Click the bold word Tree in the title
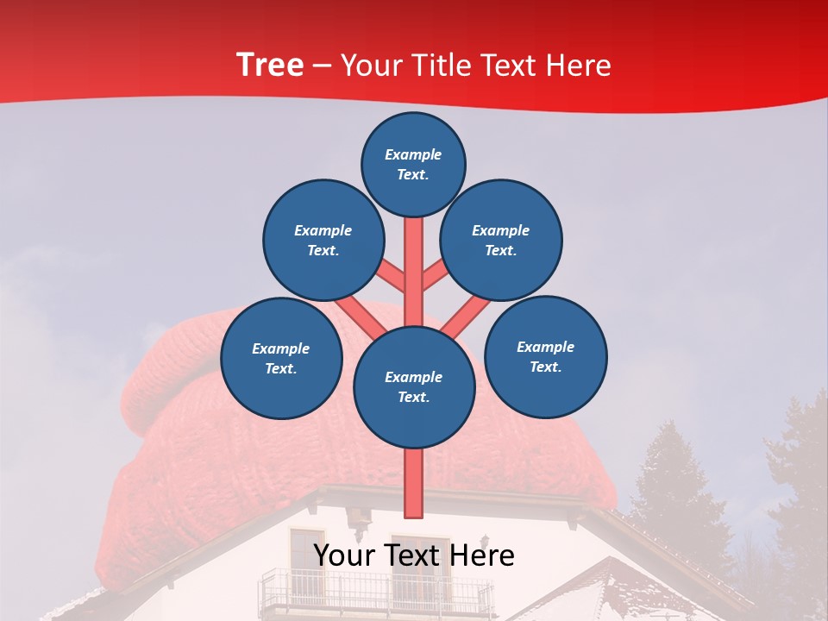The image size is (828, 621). tap(270, 65)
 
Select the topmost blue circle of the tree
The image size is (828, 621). tap(413, 164)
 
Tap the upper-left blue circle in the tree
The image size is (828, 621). tap(323, 240)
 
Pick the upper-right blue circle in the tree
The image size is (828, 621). tap(501, 240)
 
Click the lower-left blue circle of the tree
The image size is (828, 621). tap(281, 358)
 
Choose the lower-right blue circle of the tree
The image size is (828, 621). tap(546, 356)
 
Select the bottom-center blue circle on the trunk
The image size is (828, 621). tap(414, 386)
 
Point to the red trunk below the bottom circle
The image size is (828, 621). tap(414, 483)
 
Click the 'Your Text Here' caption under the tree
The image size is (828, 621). tap(414, 555)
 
